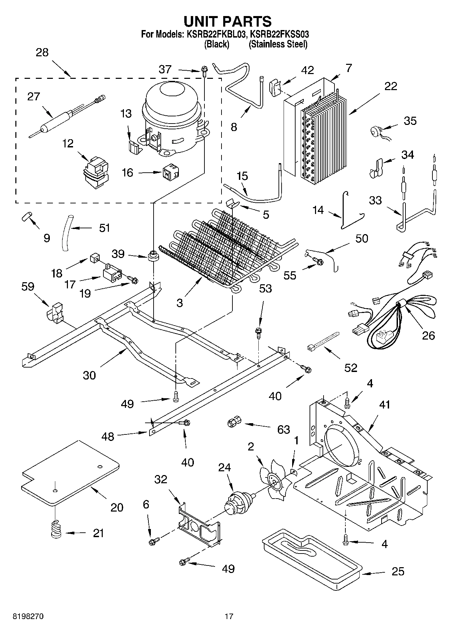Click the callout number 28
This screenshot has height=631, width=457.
(x=42, y=53)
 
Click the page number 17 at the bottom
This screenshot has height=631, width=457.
(x=229, y=616)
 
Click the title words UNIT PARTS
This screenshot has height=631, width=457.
(x=228, y=21)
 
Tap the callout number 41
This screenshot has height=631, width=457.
(x=384, y=405)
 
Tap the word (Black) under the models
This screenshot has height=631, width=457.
(x=216, y=44)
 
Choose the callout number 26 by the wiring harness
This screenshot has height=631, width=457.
(x=428, y=335)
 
